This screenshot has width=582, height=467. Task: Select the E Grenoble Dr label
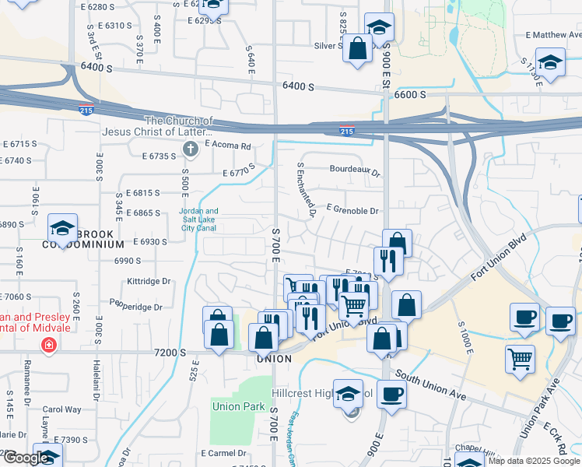pyautogui.click(x=352, y=210)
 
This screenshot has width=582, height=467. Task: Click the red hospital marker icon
pyautogui.click(x=49, y=344)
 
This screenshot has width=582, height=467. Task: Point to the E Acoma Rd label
pyautogui.click(x=228, y=145)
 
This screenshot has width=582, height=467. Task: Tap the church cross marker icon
pyautogui.click(x=188, y=149)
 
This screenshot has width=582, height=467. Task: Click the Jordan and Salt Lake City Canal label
pyautogui.click(x=198, y=220)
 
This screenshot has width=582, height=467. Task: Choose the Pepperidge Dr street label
pyautogui.click(x=135, y=307)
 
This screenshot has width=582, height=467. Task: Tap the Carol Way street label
pyautogui.click(x=61, y=409)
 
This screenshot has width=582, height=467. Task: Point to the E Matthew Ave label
pyautogui.click(x=553, y=35)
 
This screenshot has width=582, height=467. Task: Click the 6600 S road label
pyautogui.click(x=410, y=94)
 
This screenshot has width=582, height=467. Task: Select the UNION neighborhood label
pyautogui.click(x=274, y=359)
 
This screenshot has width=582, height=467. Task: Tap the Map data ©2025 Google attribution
pyautogui.click(x=534, y=461)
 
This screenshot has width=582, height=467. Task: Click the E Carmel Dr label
pyautogui.click(x=223, y=452)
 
